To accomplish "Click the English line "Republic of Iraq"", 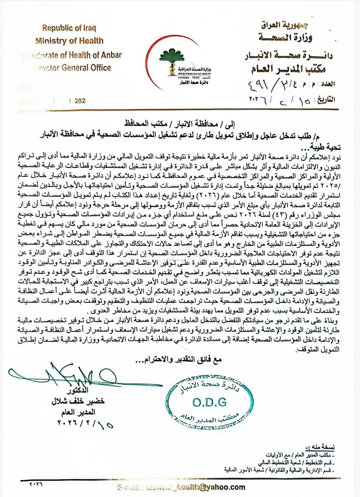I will pos(69,28).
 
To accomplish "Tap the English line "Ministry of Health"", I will pos(69,41).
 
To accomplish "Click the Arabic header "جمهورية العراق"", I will pos(287,25).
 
